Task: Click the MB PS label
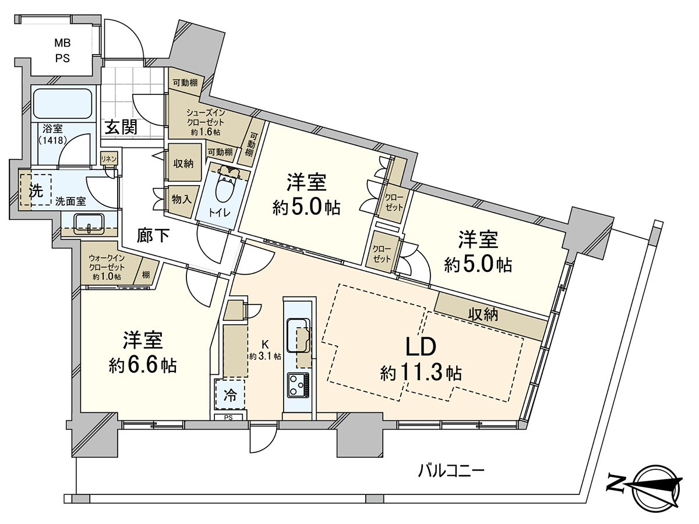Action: (x=62, y=50)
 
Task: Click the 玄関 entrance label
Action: (x=121, y=128)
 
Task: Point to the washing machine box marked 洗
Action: (x=36, y=192)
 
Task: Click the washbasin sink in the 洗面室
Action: (x=89, y=223)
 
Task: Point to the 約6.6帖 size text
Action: (x=143, y=365)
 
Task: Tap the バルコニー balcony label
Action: (x=451, y=469)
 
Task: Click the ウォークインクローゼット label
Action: (x=105, y=267)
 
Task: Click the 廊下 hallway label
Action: (x=154, y=235)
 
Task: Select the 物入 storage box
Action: (x=181, y=199)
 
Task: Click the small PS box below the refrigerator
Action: (x=228, y=417)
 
